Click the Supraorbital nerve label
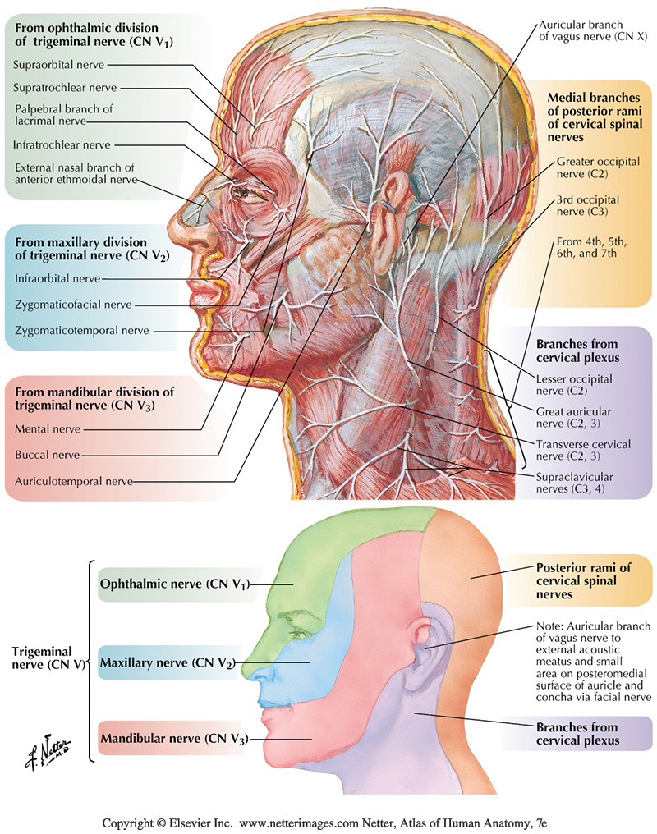tap(55, 62)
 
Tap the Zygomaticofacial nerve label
tap(72, 305)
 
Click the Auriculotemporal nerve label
tap(73, 481)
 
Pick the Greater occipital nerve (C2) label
tap(597, 167)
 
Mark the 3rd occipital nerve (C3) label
tap(587, 204)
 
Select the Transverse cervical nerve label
tap(582, 450)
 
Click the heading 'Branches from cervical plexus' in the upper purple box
tap(576, 351)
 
